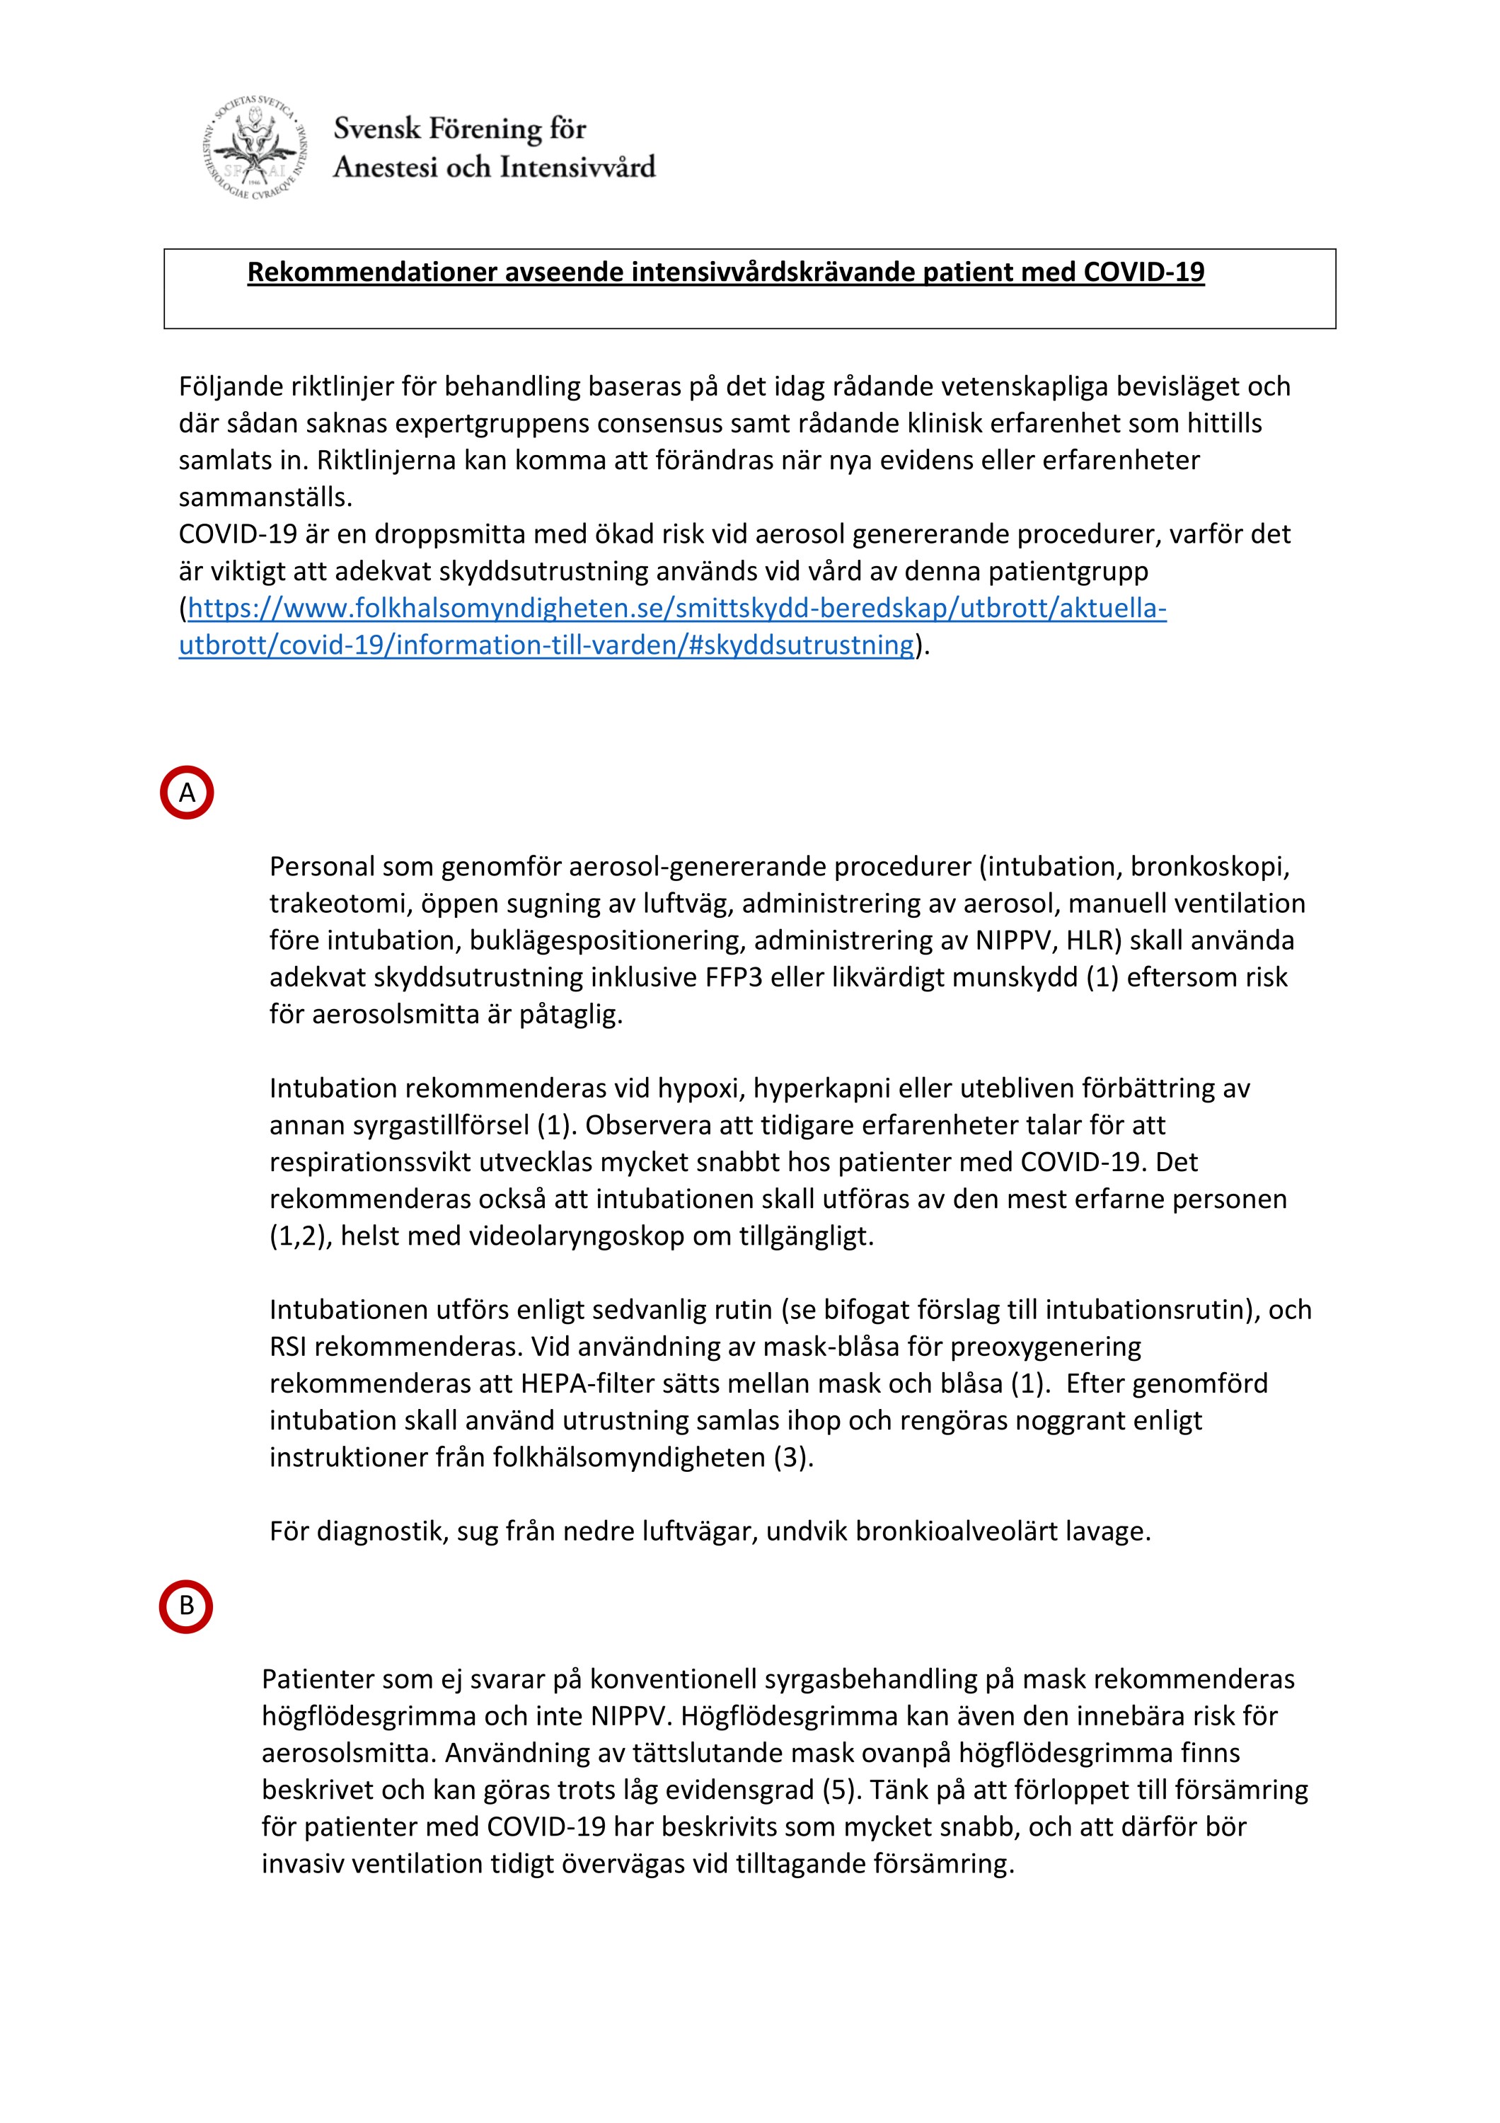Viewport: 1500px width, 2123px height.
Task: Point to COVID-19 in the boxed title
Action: point(1143,272)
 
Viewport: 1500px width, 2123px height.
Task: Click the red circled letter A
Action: point(187,793)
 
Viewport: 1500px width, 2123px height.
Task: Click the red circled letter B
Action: point(186,1606)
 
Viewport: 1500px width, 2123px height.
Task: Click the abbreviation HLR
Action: point(1092,940)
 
